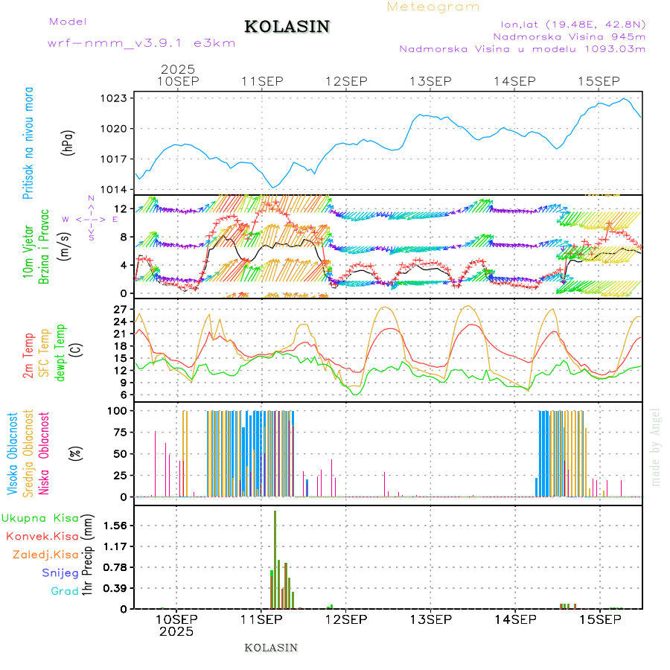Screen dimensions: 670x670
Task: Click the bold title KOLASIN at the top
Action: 287,27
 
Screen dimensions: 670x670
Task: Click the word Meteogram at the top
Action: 433,7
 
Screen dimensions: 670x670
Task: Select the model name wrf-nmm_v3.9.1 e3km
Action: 141,42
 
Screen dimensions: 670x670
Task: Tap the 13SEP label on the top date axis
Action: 431,81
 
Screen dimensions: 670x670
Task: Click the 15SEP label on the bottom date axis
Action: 599,619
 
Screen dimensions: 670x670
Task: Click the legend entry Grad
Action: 64,591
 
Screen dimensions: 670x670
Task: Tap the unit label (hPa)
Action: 68,143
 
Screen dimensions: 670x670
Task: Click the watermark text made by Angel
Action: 656,447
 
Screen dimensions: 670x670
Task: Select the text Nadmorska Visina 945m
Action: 569,36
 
